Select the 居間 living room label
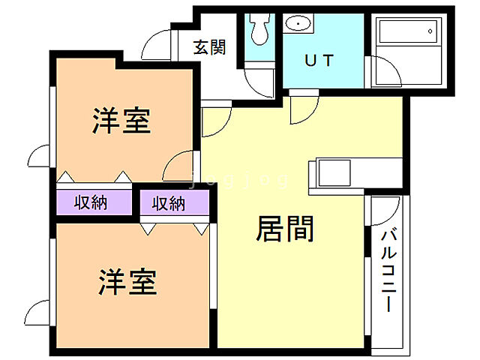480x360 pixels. [284, 229]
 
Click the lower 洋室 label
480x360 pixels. [127, 283]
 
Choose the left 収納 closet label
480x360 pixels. [91, 202]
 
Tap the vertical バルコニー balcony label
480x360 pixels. [388, 270]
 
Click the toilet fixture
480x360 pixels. [260, 29]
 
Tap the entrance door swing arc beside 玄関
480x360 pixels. [157, 45]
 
